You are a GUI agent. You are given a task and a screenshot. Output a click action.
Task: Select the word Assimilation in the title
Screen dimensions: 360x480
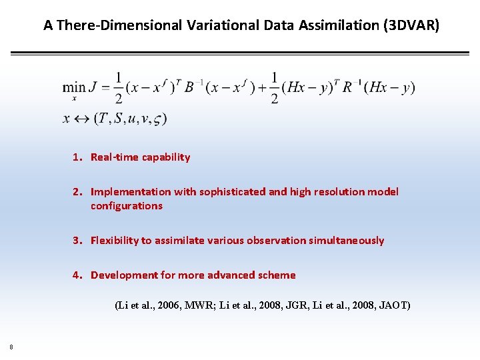(x=324, y=25)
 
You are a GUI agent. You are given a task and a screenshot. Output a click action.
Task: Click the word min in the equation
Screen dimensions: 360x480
(x=74, y=87)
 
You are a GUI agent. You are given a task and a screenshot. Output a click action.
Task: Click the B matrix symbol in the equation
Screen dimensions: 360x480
(x=189, y=87)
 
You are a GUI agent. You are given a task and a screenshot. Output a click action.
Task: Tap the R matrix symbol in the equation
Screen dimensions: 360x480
(x=347, y=87)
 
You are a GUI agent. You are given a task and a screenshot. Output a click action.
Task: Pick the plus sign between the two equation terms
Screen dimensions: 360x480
(x=261, y=87)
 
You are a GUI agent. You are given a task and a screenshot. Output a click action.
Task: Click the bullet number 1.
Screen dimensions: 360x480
(x=77, y=157)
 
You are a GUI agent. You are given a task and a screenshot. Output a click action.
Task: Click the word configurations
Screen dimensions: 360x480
(x=127, y=206)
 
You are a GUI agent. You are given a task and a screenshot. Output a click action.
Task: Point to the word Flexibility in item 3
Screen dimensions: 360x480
(x=115, y=241)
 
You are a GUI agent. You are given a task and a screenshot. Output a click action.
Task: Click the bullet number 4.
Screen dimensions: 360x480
(x=77, y=275)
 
